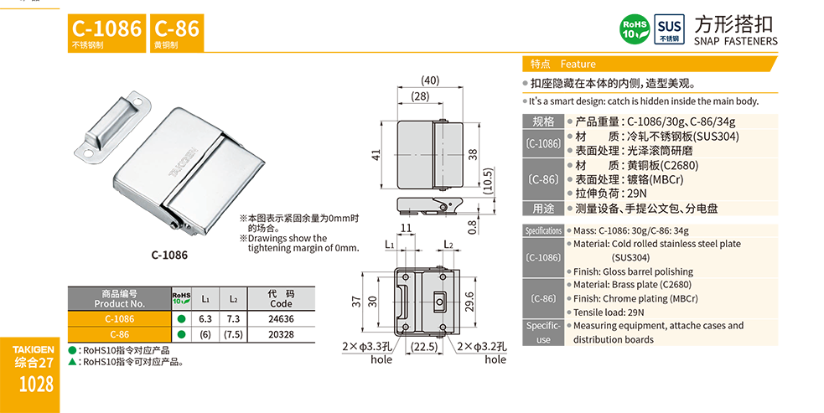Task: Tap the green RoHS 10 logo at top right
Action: [x=633, y=28]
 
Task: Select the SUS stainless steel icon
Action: [x=668, y=28]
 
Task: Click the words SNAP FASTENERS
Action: [x=737, y=41]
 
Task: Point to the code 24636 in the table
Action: [x=281, y=319]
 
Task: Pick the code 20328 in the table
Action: [x=281, y=334]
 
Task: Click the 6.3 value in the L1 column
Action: [x=205, y=319]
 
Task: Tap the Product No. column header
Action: [x=118, y=299]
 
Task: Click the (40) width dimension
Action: [x=429, y=80]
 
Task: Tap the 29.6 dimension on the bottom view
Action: [x=469, y=299]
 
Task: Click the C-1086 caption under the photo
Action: [x=169, y=255]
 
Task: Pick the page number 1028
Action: [x=34, y=385]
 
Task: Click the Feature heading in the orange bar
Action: [x=578, y=65]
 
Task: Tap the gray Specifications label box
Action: [x=543, y=230]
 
